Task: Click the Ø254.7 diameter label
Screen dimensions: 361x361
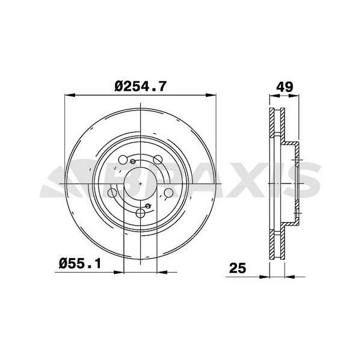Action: click(140, 87)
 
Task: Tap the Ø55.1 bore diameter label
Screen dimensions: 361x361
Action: click(80, 264)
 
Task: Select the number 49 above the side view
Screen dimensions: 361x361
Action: click(285, 87)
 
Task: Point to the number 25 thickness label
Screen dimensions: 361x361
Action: click(238, 268)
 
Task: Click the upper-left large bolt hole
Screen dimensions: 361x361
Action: click(123, 159)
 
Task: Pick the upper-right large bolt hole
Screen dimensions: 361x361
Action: click(158, 159)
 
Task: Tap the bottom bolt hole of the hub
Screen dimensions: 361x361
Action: click(140, 213)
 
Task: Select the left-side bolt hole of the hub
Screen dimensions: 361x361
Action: click(112, 193)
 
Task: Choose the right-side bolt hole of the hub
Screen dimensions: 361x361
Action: click(168, 193)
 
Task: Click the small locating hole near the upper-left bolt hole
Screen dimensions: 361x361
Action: click(132, 161)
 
